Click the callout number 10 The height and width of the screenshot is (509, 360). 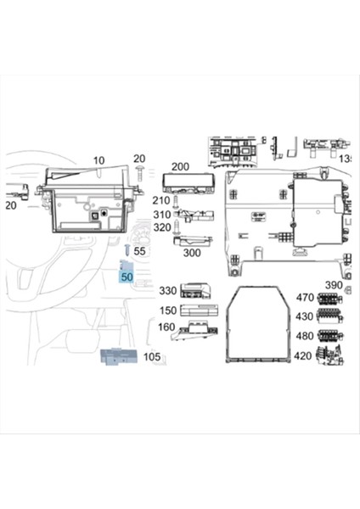coord(98,160)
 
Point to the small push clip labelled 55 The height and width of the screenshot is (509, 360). coord(127,251)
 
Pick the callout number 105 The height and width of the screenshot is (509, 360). coord(152,358)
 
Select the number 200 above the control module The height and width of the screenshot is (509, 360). coord(180,167)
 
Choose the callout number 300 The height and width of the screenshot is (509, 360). coord(192,253)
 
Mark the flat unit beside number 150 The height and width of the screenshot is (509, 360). coord(200,310)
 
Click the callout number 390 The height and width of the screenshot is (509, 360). coord(334,284)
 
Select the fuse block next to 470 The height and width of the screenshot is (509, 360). coord(328,299)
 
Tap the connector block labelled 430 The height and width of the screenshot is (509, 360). coord(328,318)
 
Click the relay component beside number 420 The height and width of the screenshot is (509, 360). coord(328,356)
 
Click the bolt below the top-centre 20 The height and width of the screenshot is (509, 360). coord(137,173)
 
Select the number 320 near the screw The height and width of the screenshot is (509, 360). coord(161,228)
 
